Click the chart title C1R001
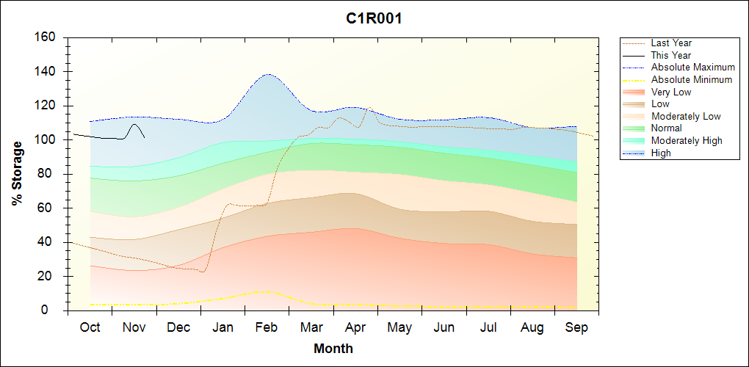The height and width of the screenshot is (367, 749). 374,19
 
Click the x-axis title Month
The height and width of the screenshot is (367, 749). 333,349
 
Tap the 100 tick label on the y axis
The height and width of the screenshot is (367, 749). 46,140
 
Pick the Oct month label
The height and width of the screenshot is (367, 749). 90,327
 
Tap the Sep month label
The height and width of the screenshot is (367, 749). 576,327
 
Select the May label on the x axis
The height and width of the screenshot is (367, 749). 399,327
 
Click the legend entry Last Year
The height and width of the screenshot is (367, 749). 671,43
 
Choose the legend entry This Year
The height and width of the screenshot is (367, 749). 670,55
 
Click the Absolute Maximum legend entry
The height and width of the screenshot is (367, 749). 692,68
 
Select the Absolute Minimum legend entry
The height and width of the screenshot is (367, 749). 692,79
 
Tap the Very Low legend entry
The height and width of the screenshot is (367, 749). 671,92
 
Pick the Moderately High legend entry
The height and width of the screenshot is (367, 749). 687,141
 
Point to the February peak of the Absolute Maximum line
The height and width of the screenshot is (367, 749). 268,74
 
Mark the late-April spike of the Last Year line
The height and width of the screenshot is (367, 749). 369,108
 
